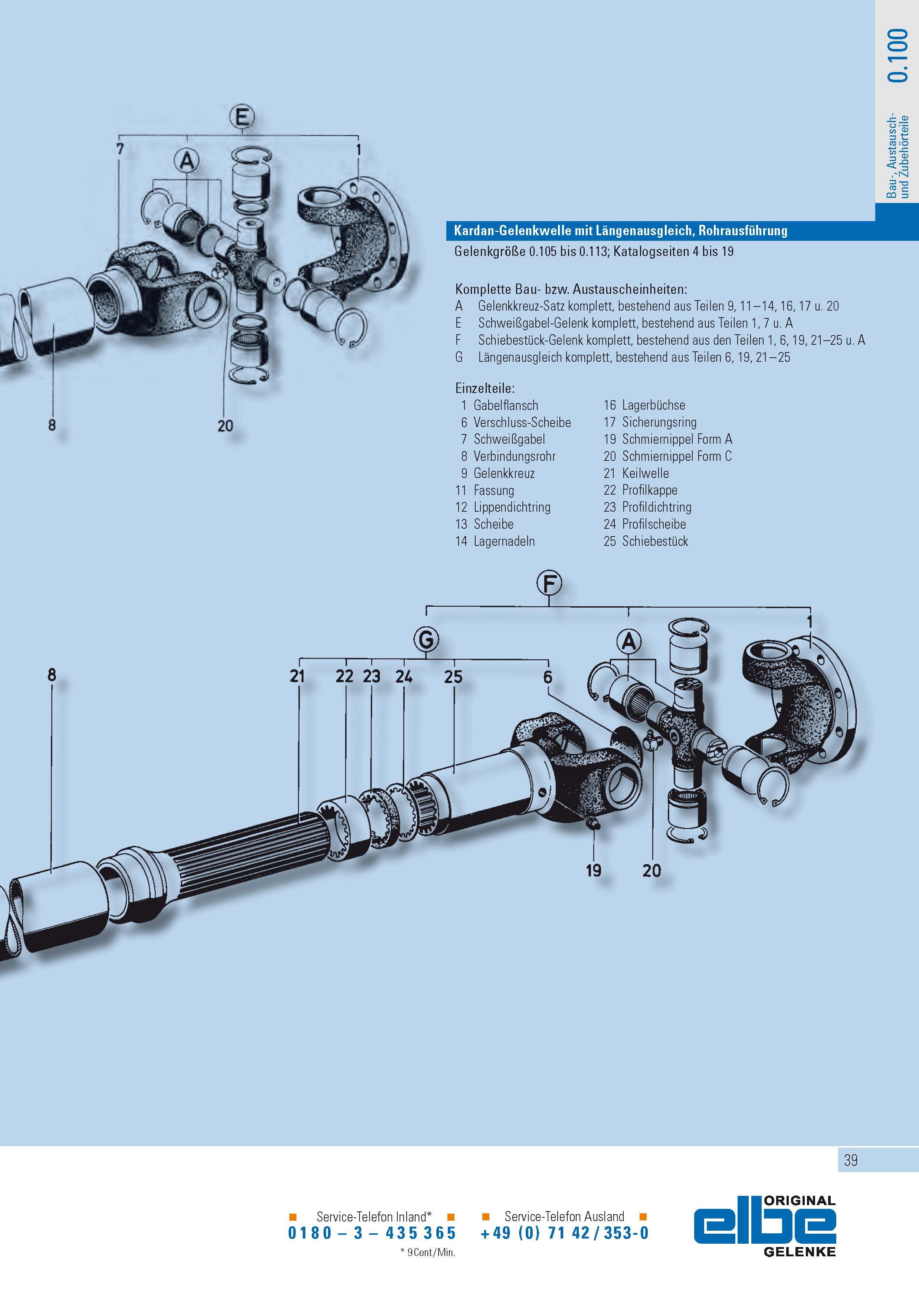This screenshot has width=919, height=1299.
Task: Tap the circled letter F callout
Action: click(x=549, y=583)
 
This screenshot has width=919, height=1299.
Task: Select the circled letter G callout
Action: click(x=426, y=640)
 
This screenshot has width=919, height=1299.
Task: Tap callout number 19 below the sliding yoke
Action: click(x=593, y=870)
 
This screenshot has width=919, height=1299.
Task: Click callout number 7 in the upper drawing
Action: click(x=120, y=149)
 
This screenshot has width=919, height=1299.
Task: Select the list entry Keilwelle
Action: click(x=645, y=473)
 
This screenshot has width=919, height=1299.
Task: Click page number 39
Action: click(x=850, y=1160)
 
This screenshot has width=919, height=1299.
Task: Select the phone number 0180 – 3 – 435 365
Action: click(x=372, y=1233)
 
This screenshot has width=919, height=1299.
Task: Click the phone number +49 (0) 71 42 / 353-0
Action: click(x=564, y=1233)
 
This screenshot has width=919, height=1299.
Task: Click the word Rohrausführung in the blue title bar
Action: click(x=742, y=230)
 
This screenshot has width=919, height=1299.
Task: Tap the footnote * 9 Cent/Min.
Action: click(x=427, y=1253)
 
